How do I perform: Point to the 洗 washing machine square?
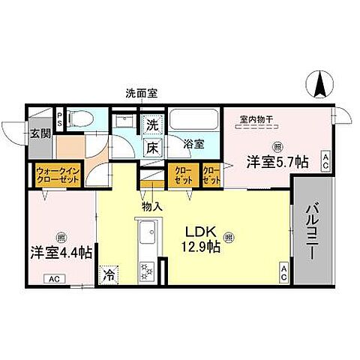pos(152,124)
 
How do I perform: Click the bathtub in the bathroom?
pos(193,121)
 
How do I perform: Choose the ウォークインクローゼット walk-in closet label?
pos(58,175)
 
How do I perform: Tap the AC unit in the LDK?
pos(284,274)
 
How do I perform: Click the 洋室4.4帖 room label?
pos(61,252)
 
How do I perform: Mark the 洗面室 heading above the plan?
pos(141,94)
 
